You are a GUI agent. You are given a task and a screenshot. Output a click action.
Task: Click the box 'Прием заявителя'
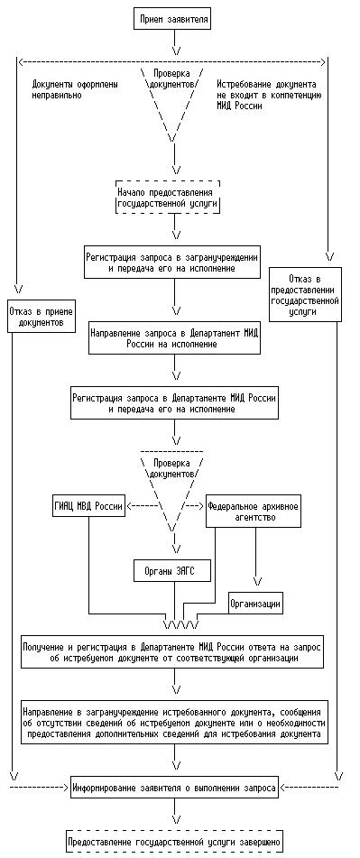[173, 20]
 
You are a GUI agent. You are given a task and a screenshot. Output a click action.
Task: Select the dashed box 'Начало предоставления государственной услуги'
[168, 197]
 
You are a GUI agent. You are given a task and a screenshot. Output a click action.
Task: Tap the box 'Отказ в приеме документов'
[42, 316]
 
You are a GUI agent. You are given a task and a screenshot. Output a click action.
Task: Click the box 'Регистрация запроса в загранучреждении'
[171, 262]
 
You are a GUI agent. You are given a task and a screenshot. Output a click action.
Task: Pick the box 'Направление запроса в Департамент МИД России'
[174, 338]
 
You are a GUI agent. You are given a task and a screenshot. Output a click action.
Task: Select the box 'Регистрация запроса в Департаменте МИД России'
[174, 402]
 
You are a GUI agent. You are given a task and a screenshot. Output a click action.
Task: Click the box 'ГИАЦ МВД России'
[87, 504]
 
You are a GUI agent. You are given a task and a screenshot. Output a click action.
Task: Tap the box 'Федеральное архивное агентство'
[254, 511]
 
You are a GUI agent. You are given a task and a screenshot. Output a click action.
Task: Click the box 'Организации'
[255, 604]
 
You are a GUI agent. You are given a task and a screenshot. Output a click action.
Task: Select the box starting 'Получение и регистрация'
[171, 651]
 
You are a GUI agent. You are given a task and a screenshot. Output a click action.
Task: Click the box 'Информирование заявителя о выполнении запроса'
[174, 787]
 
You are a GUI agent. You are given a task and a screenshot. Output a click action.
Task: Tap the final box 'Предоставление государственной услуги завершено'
[174, 841]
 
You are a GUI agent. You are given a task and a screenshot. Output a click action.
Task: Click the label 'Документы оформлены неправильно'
[75, 90]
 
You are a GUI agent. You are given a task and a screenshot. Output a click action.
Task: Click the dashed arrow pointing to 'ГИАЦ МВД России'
[143, 505]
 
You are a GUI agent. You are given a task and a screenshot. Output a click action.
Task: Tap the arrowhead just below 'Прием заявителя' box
[174, 51]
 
